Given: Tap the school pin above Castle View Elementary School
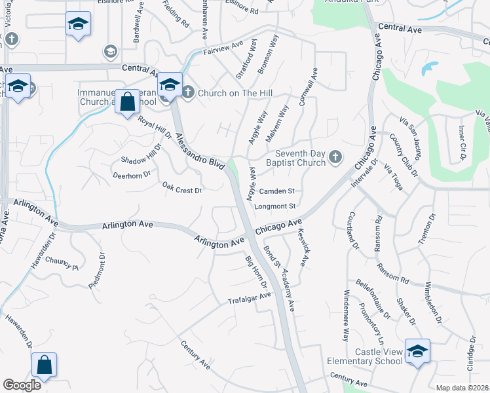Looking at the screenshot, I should (x=417, y=351).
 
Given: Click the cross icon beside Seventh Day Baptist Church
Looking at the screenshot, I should (x=335, y=157).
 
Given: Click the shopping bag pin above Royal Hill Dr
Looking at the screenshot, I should (x=128, y=102).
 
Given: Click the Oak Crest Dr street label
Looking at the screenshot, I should (x=181, y=189).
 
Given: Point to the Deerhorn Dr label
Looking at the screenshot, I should (x=132, y=175).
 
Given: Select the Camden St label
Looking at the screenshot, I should (x=277, y=191).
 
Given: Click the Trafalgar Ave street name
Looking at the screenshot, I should (x=249, y=298).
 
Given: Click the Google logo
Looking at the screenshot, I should (x=22, y=385).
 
